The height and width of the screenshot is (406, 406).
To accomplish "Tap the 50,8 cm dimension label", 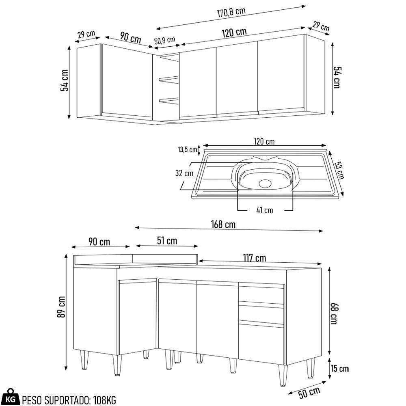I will point(164,40).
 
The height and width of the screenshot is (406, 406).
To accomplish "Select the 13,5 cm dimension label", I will point(187,149).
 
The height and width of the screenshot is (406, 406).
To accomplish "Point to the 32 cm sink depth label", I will point(184,173).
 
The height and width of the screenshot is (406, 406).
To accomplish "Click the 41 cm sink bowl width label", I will point(265,210).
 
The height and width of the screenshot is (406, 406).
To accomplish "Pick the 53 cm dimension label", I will point(339,170).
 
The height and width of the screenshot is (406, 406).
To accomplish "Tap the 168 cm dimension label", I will point(223,225).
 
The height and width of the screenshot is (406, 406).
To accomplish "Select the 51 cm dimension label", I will point(167,241).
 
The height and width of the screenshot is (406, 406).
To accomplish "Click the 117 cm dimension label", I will point(255,258).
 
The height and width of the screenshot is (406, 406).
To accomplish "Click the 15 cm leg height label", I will point(339,369).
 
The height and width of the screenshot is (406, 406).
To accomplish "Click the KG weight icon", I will point(13,399).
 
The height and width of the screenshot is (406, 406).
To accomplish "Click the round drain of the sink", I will point(265,183).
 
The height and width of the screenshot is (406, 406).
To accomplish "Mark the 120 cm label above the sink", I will point(264,141).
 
